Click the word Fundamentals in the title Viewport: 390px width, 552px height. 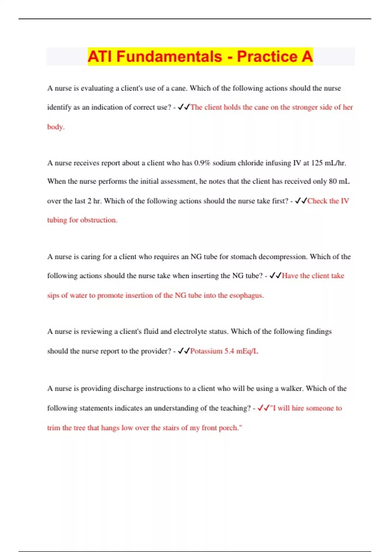169,56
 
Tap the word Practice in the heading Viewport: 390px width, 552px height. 267,56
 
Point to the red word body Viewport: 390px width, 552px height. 55,127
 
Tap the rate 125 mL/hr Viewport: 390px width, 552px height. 328,163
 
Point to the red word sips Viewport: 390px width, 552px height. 53,295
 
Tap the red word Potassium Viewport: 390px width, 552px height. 206,351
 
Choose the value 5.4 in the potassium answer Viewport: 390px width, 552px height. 229,351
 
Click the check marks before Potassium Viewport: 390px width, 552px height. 184,351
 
